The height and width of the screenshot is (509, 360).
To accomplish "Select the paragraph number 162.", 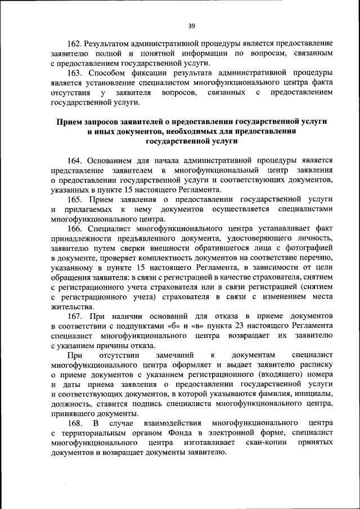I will [x=75, y=43].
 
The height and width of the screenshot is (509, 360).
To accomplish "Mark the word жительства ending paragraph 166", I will [x=71, y=308].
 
